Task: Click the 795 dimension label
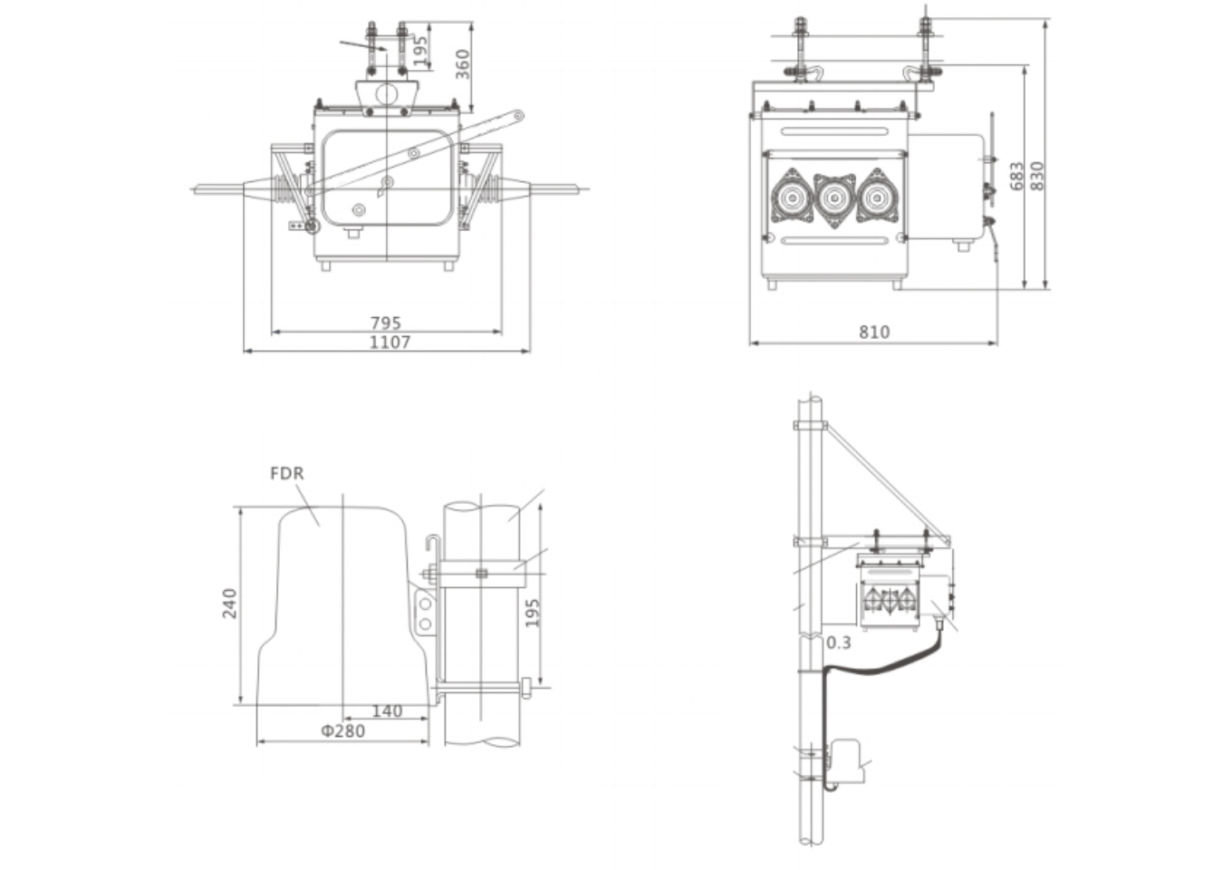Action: (x=385, y=323)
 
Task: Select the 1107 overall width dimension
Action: (x=390, y=343)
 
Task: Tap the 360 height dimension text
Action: (x=463, y=64)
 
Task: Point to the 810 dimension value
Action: (x=874, y=333)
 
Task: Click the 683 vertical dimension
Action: (x=1016, y=176)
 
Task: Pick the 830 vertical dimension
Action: (x=1037, y=176)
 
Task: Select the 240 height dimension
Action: (x=230, y=604)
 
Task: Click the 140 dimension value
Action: (x=387, y=711)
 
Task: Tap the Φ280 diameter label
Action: (x=343, y=731)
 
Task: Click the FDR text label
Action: (x=287, y=473)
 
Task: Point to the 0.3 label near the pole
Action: (x=839, y=643)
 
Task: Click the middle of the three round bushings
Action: (x=834, y=196)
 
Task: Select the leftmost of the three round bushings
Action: (x=792, y=196)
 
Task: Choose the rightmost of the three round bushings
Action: (x=877, y=196)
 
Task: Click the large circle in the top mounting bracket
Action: (x=387, y=93)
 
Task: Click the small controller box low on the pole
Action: (x=847, y=759)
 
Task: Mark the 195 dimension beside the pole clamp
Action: (x=533, y=613)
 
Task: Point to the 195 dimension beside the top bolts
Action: (x=419, y=51)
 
